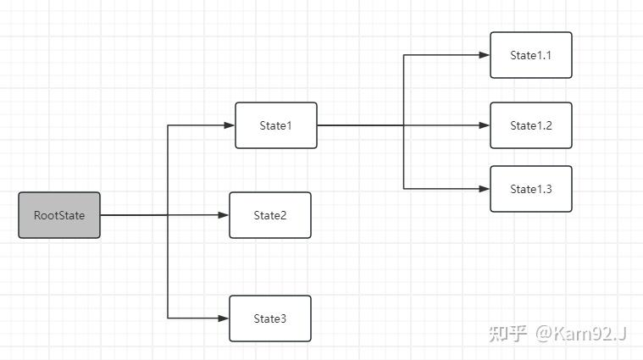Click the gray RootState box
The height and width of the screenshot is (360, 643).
tap(59, 215)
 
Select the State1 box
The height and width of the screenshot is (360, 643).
tap(275, 125)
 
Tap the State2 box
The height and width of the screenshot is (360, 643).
tap(270, 215)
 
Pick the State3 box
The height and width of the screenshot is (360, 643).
tap(270, 318)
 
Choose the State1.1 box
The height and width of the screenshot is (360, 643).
tap(531, 55)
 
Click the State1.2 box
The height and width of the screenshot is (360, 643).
tap(531, 125)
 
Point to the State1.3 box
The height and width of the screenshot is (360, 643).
tap(531, 189)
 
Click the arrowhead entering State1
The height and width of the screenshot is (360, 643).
tap(230, 125)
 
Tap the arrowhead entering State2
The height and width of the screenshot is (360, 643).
tap(224, 215)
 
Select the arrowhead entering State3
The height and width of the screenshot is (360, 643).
tap(224, 318)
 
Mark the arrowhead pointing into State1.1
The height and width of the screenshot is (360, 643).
tap(485, 55)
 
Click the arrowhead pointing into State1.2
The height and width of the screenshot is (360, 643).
tap(485, 125)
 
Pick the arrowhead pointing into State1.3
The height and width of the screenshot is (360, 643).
tap(485, 189)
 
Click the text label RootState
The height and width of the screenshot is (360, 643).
tap(59, 215)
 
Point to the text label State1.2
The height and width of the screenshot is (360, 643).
tap(531, 125)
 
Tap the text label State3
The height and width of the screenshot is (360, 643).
tap(270, 318)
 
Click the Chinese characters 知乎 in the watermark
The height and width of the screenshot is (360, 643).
tap(507, 334)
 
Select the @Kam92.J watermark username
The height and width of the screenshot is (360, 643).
tap(580, 334)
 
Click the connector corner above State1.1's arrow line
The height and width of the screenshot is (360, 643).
tap(404, 55)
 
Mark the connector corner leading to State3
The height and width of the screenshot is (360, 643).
tap(169, 318)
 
